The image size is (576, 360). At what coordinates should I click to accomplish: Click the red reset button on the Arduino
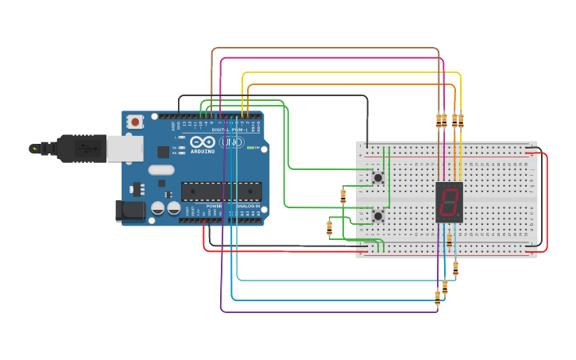click(136, 122)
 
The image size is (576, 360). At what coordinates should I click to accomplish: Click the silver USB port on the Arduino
click(125, 148)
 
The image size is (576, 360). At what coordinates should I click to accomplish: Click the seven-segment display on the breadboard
click(449, 202)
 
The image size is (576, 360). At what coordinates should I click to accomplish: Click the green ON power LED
click(250, 148)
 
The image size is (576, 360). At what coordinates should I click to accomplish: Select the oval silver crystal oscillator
click(160, 169)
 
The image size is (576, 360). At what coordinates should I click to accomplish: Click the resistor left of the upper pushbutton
click(343, 195)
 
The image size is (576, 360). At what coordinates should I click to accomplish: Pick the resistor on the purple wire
click(437, 297)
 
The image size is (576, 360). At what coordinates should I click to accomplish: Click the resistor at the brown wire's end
click(439, 120)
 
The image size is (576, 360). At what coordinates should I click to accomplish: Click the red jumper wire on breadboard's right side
click(547, 199)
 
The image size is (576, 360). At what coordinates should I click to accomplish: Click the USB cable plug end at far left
click(36, 149)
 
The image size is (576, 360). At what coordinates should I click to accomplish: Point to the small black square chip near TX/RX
click(163, 152)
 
